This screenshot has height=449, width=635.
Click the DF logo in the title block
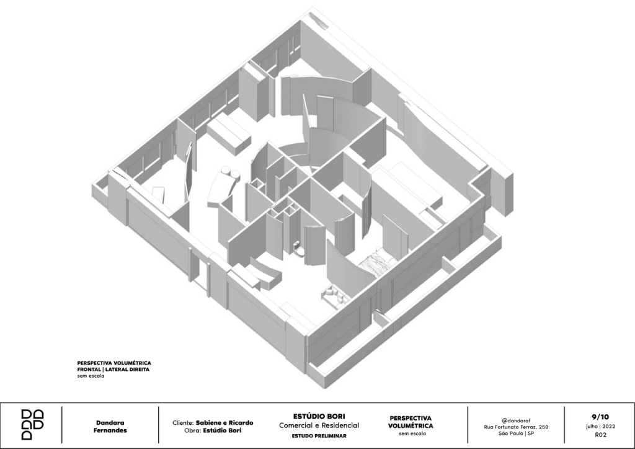click(32, 425)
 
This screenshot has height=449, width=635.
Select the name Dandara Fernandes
click(110, 426)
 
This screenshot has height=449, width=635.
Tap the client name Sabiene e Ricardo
click(224, 423)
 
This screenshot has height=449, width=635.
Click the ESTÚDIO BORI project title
click(319, 416)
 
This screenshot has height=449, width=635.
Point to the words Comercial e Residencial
click(319, 425)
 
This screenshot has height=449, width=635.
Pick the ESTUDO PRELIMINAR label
click(319, 436)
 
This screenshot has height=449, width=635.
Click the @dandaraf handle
click(516, 420)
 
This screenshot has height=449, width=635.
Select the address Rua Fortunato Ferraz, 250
click(516, 427)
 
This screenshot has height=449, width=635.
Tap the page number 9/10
click(600, 417)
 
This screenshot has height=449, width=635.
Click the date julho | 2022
click(600, 426)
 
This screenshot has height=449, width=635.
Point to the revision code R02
click(600, 435)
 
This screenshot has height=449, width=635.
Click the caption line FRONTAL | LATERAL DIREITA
click(113, 369)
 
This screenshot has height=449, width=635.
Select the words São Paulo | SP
click(516, 433)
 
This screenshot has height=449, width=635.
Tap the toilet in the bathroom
click(298, 248)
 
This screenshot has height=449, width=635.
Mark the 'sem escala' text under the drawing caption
click(91, 376)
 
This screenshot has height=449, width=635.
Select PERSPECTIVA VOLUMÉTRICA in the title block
click(411, 422)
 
